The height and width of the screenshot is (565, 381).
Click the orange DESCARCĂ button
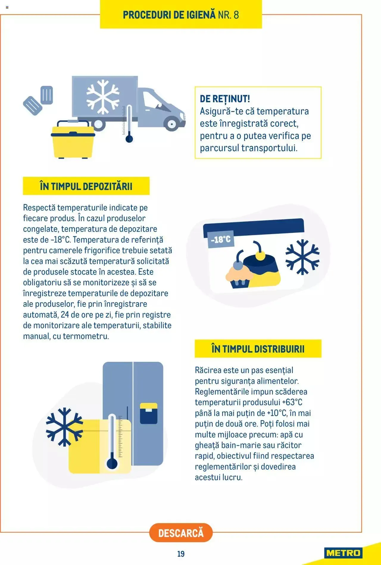tap(181, 533)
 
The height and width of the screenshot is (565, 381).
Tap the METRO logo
tap(343, 553)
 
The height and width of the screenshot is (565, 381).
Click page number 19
tap(181, 554)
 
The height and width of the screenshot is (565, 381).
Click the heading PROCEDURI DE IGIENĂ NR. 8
tap(181, 15)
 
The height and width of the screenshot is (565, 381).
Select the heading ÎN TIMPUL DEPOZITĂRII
tap(86, 186)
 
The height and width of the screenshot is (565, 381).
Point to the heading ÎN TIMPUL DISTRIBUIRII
tap(258, 349)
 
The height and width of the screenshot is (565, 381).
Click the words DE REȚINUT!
tap(225, 99)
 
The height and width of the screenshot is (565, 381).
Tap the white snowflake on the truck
tap(103, 97)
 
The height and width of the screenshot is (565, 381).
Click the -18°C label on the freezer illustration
tap(221, 239)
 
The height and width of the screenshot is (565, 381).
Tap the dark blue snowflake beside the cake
tap(302, 257)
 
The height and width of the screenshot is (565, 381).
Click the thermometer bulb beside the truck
tap(129, 139)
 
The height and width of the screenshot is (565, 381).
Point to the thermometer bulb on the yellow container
tap(112, 464)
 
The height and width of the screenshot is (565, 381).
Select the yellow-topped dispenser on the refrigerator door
tap(149, 413)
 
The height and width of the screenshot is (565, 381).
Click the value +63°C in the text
tap(292, 402)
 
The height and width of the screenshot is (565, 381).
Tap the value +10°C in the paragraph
tap(277, 413)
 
